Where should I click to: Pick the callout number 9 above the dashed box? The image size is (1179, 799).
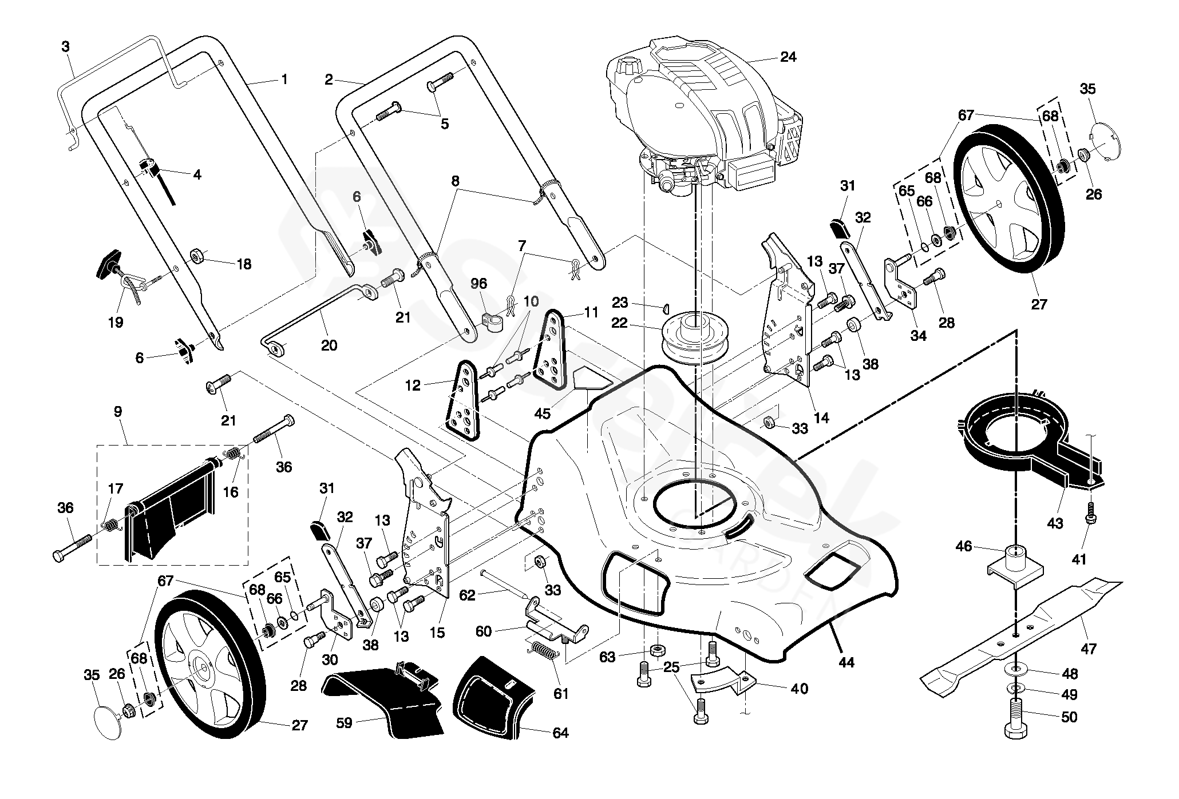(118, 411)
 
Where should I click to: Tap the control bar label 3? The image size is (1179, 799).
(65, 46)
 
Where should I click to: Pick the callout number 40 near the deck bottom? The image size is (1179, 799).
(798, 689)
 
